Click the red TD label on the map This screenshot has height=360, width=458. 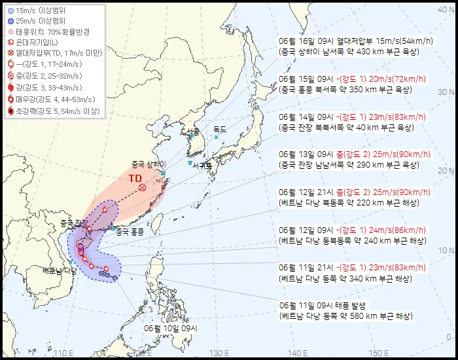(x=135, y=178)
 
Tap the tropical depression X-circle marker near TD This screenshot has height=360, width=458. (x=142, y=189)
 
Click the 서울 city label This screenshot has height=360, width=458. (x=192, y=132)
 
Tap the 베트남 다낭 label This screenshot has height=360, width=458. (x=60, y=270)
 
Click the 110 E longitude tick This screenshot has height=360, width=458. (x=63, y=353)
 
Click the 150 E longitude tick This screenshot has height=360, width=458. (x=374, y=353)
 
